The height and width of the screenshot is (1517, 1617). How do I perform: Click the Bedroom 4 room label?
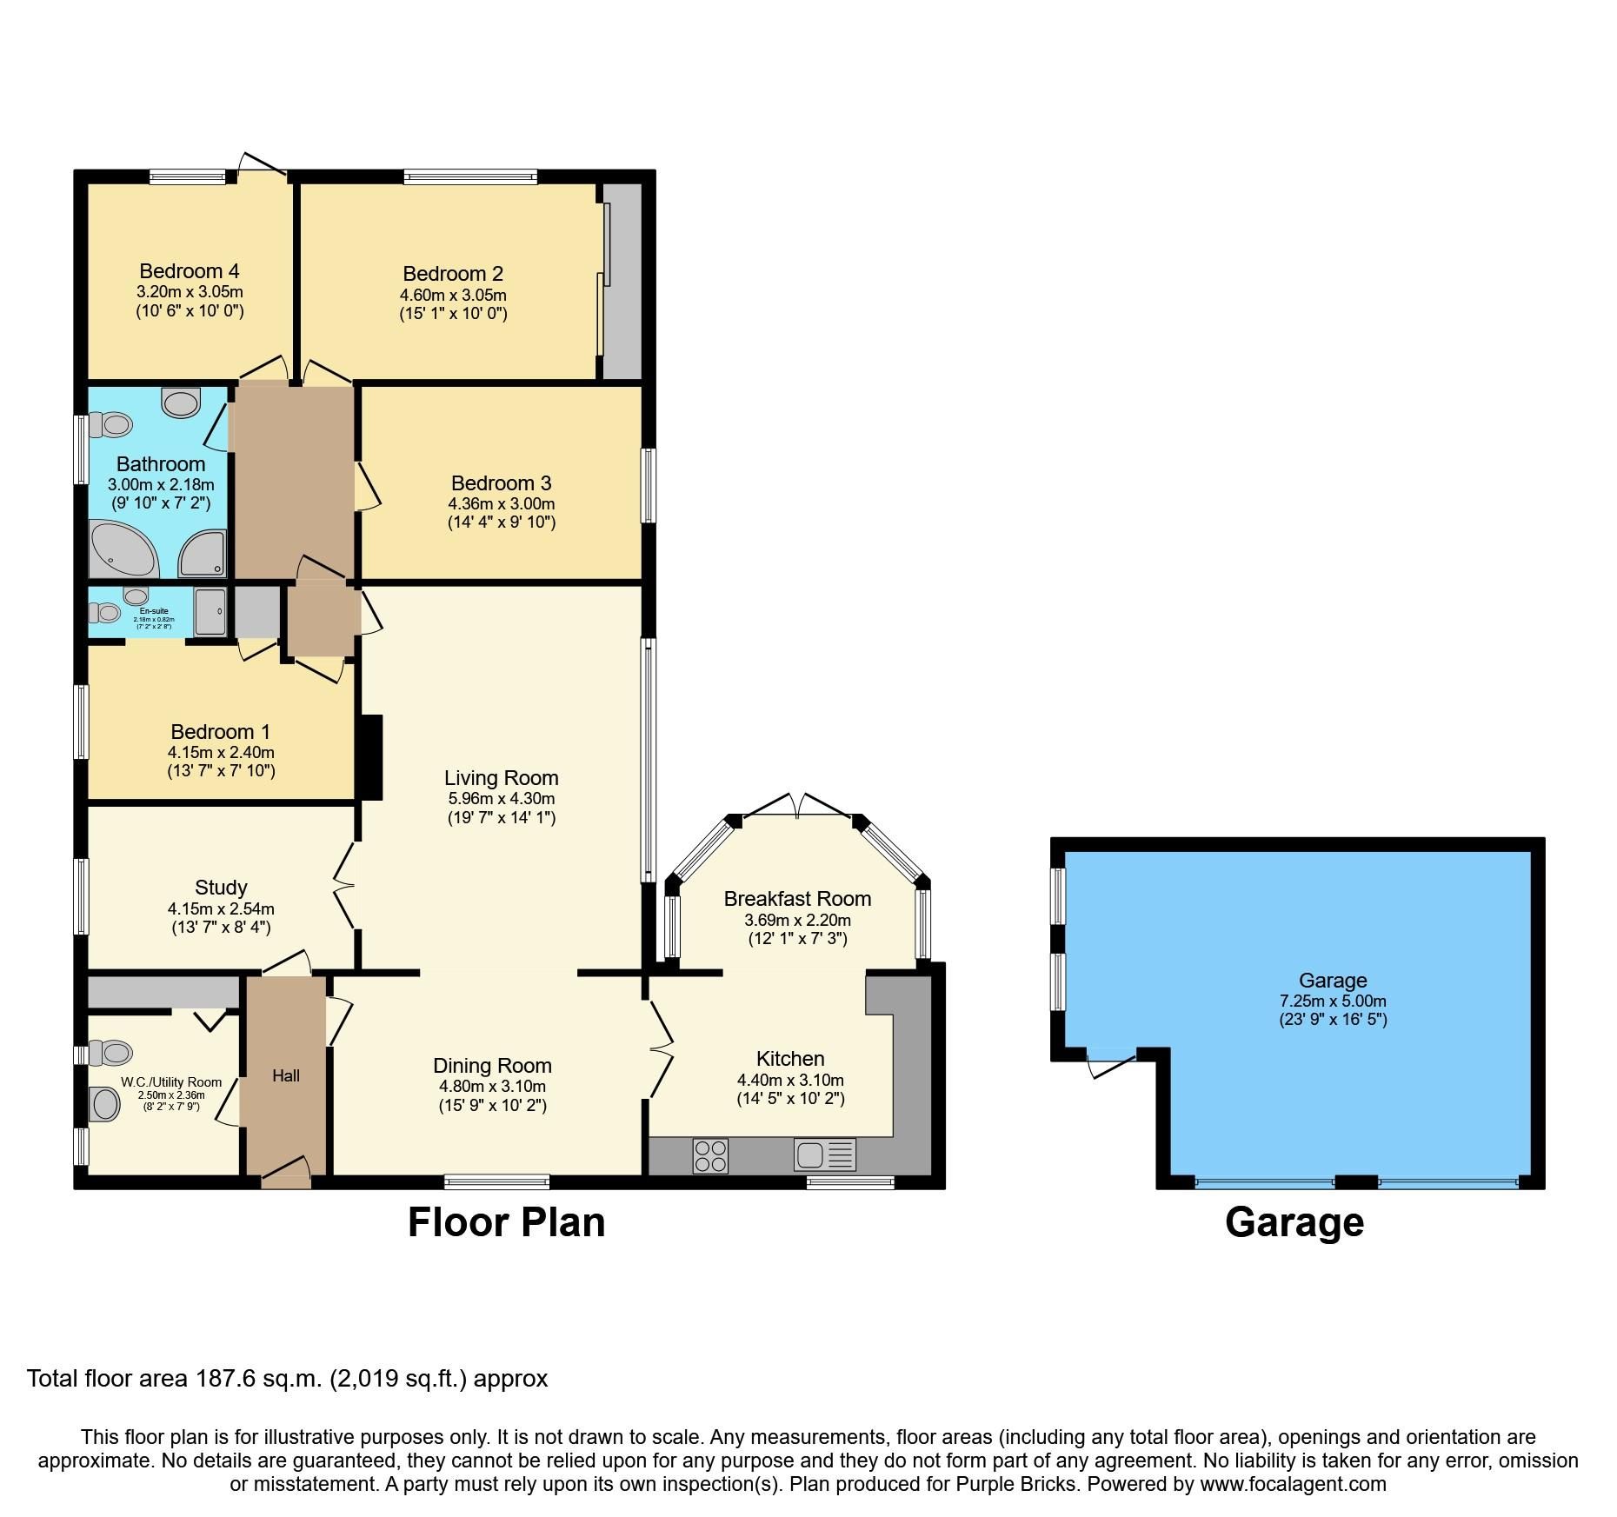[189, 271]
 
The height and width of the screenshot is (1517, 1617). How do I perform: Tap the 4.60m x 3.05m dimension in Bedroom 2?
[453, 296]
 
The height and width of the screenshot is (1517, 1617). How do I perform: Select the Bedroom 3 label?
[501, 483]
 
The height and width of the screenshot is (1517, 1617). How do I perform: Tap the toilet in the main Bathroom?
[110, 425]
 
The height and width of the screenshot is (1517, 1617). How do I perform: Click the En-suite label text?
[153, 611]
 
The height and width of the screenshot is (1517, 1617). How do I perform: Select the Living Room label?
[501, 778]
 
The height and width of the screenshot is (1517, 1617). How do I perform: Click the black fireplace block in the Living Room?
[369, 756]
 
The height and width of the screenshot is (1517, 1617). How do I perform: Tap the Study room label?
[221, 888]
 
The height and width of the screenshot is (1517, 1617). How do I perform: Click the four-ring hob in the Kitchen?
[710, 1155]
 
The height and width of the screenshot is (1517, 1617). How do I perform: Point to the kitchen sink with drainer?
[824, 1154]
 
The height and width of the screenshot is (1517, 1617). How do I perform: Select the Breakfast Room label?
[796, 899]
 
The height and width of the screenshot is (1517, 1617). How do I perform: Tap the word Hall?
[286, 1075]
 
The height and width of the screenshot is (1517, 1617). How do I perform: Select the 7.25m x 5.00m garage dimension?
[1332, 1001]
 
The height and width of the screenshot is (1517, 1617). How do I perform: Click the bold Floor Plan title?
[506, 1221]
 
